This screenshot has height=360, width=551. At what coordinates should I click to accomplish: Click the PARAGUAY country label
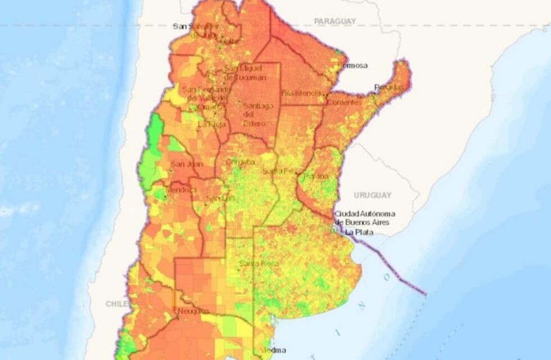click(335, 21)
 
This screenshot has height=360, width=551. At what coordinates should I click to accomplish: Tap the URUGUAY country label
click(372, 195)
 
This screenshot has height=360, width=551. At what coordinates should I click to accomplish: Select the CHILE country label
click(117, 304)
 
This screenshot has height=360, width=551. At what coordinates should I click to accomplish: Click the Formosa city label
click(352, 66)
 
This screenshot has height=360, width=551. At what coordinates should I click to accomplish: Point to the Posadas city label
click(389, 87)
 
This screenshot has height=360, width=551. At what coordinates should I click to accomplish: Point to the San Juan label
click(186, 164)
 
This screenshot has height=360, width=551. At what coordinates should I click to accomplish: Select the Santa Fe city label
click(277, 170)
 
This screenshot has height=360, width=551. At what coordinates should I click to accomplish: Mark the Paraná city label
click(316, 176)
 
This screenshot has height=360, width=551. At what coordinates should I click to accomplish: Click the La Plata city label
click(357, 232)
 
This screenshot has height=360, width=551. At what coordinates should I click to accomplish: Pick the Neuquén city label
click(193, 311)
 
